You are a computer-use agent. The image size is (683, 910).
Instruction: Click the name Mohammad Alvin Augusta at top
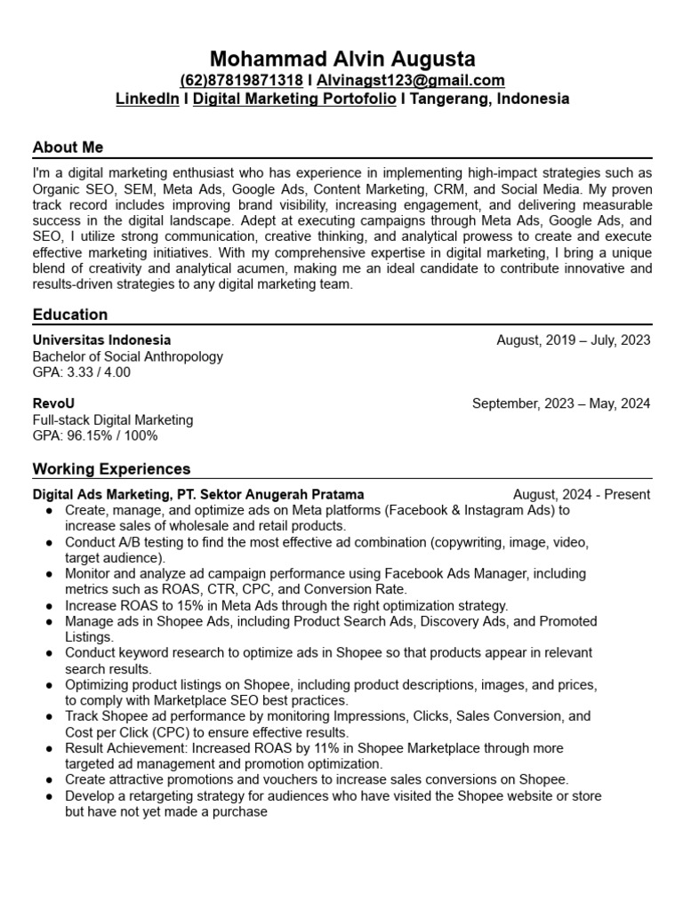(x=341, y=59)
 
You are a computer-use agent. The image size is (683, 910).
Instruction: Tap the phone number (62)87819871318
(x=241, y=80)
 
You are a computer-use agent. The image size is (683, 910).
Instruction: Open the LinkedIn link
(x=147, y=99)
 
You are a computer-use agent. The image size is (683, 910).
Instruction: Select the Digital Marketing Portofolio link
(x=294, y=99)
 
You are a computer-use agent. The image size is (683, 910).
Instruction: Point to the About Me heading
(x=68, y=148)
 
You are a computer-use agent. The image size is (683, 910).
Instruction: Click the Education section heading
(x=70, y=315)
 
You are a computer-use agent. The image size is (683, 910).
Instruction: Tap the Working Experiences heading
(x=111, y=468)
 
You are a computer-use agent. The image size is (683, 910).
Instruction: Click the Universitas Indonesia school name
(x=101, y=340)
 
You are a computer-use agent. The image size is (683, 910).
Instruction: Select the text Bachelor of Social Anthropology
(x=128, y=356)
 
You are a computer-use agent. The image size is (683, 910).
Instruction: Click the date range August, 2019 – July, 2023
(x=573, y=340)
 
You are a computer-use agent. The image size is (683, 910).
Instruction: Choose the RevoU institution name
(x=53, y=403)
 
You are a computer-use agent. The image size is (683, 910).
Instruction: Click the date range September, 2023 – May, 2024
(x=561, y=403)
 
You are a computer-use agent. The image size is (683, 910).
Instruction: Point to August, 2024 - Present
(x=582, y=494)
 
